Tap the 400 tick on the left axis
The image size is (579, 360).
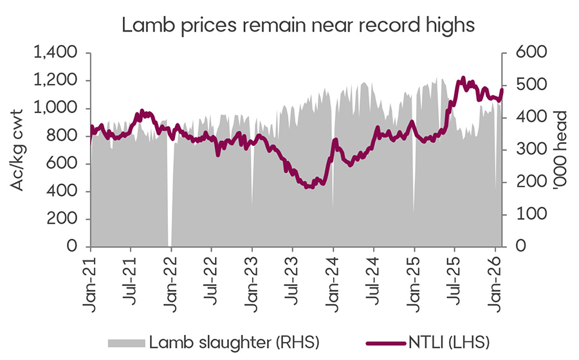click(x=66, y=192)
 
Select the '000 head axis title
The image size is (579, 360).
click(x=558, y=150)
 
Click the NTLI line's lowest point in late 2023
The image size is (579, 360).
click(x=310, y=186)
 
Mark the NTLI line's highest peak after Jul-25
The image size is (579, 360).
click(x=463, y=80)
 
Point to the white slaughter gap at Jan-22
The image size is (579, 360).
click(x=169, y=193)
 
